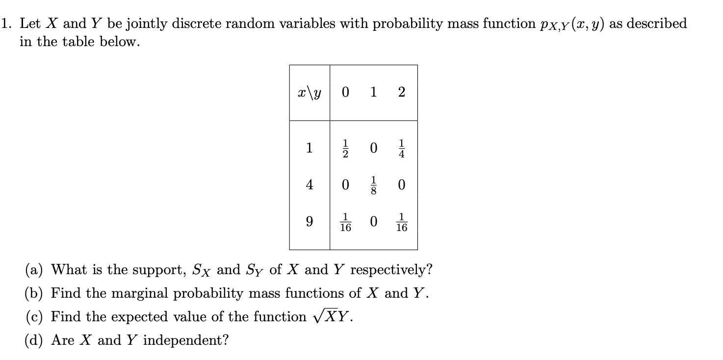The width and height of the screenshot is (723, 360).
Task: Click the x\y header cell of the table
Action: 309,93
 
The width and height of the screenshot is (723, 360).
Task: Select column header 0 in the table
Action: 345,93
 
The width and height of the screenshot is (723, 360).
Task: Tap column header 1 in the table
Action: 374,92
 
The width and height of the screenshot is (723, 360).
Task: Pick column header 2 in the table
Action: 402,93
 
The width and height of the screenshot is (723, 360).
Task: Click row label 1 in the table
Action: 309,148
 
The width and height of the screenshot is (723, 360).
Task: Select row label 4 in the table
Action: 309,185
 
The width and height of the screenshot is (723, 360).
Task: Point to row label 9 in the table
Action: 309,222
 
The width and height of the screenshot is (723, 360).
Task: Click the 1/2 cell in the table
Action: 345,149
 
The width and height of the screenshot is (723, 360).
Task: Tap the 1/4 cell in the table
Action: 402,149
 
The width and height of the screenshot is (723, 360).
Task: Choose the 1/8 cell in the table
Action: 374,185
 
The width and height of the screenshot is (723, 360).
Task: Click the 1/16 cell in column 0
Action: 345,223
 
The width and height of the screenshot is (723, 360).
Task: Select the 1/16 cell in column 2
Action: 402,223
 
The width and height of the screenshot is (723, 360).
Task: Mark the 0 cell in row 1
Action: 374,149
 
